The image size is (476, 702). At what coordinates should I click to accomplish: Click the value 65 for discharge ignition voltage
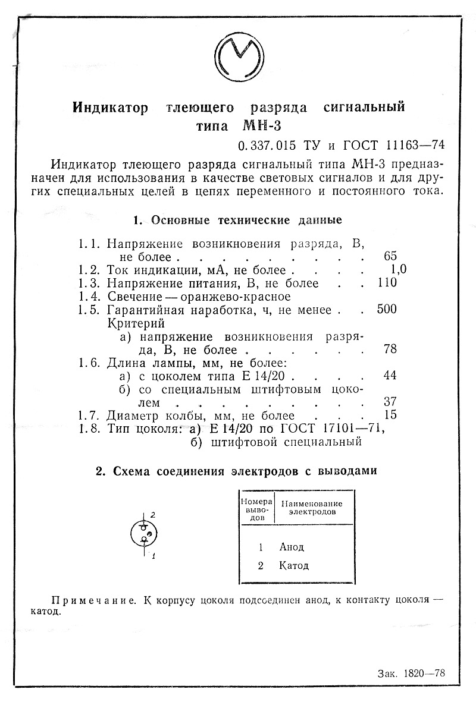click(390, 256)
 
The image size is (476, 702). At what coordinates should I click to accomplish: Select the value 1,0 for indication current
click(395, 269)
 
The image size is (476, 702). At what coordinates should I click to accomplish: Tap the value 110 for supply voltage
click(387, 282)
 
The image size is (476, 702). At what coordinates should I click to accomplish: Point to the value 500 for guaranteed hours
click(387, 309)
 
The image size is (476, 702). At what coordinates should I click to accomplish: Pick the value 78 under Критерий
click(390, 349)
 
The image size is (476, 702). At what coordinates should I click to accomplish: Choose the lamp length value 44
click(390, 375)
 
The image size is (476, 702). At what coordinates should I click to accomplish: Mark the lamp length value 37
click(390, 402)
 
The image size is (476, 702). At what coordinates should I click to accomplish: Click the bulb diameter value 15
click(390, 415)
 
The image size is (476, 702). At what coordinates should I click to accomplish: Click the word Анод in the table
click(292, 547)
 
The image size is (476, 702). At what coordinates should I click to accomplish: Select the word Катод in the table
click(294, 565)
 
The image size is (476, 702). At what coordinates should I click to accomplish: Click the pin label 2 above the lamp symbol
click(153, 514)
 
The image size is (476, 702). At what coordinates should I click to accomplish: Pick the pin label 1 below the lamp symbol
click(154, 556)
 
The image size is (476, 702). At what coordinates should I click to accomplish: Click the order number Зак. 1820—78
click(411, 673)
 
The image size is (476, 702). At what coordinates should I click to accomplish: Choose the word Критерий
click(136, 323)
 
